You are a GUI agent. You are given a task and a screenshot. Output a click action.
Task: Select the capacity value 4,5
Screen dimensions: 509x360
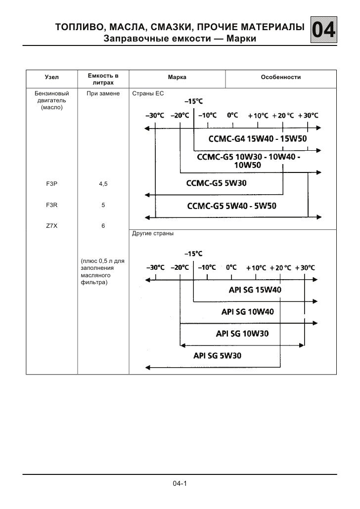point(103,184)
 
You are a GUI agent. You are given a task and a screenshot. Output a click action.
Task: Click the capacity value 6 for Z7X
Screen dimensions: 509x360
point(103,224)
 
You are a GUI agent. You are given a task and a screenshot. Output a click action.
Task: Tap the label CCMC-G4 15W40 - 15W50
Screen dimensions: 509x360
point(257,139)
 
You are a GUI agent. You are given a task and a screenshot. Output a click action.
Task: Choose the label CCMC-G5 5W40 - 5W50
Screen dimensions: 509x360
point(231,206)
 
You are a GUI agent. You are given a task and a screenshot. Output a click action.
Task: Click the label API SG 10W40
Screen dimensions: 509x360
point(247,312)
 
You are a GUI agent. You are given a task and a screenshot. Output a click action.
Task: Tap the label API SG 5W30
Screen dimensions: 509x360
point(218,355)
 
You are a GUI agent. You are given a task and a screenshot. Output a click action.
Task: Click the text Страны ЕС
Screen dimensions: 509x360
point(147,93)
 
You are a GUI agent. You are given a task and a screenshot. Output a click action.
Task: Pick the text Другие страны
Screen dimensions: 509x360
point(152,232)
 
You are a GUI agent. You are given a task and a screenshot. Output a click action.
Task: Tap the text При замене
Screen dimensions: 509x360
point(103,93)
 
